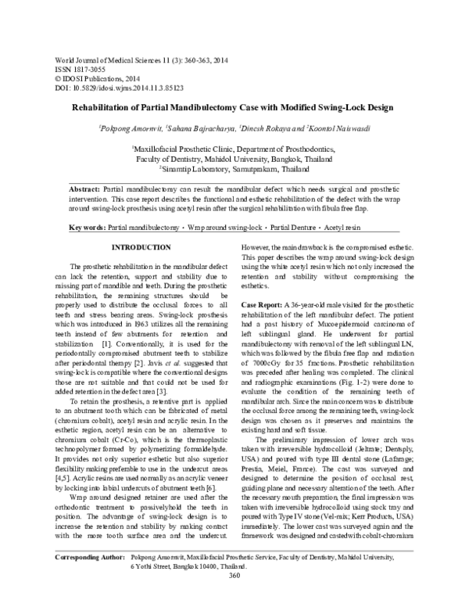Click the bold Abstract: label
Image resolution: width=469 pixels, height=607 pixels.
point(84,189)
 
